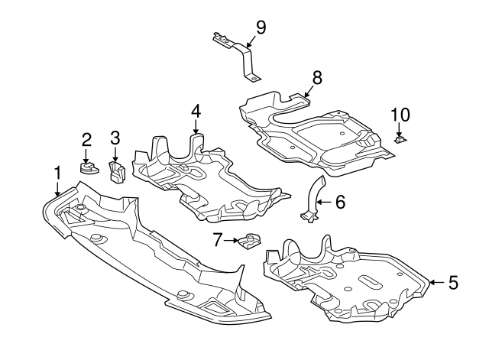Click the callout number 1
coord(57,173)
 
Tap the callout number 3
coord(115,138)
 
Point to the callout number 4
coord(196,111)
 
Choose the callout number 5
coord(453,283)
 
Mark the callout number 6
coord(340,202)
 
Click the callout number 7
coord(217,240)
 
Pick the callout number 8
coord(317,76)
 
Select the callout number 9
coord(261,28)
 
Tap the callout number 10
coord(400,115)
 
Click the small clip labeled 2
coord(89,166)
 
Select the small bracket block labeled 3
coord(117,173)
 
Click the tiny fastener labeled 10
coord(399,139)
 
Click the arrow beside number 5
coord(436,283)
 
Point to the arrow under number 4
coord(196,128)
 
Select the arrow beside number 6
coord(324,202)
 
